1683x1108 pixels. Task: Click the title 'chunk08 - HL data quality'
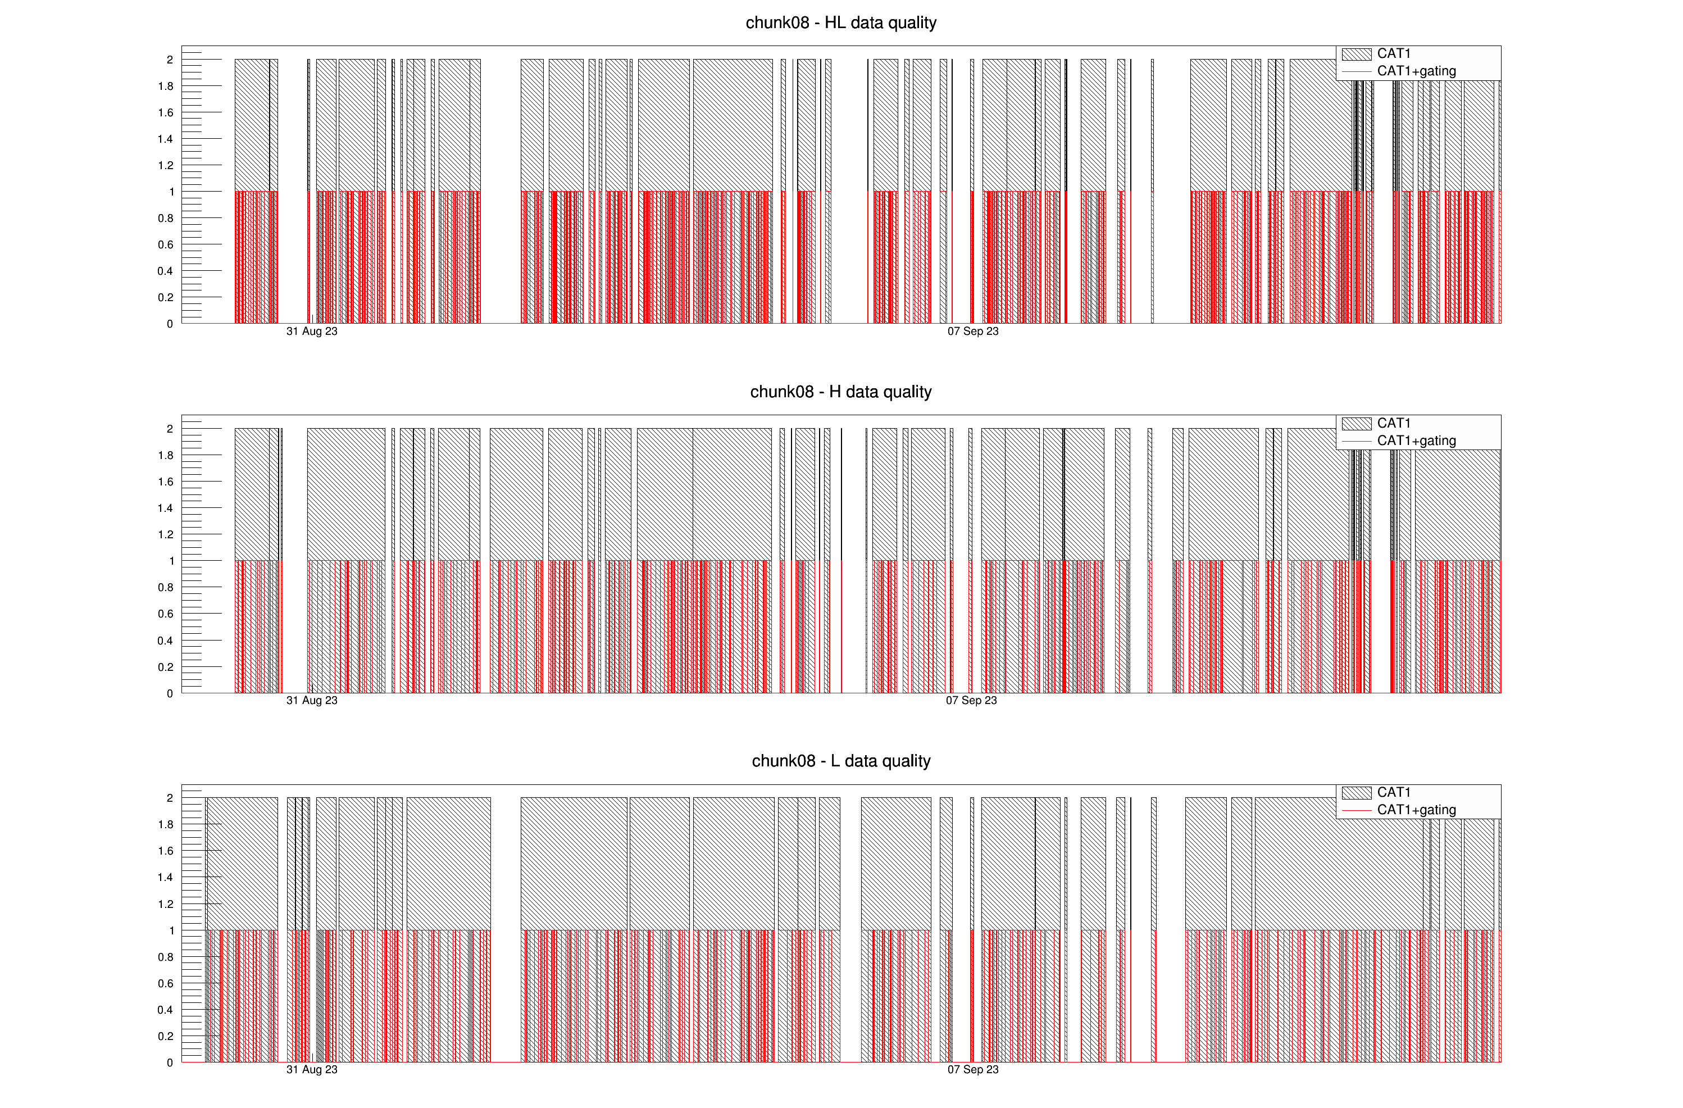coord(841,22)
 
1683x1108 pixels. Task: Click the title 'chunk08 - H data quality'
coord(841,392)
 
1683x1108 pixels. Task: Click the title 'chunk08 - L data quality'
coord(841,761)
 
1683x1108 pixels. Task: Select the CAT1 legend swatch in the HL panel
coord(1356,54)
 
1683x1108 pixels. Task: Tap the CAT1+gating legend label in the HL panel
coord(1416,71)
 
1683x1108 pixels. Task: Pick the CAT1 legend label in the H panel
coord(1394,423)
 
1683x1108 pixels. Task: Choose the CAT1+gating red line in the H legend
coord(1356,441)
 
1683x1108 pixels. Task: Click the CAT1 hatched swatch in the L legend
coord(1356,793)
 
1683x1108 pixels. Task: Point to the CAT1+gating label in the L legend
coord(1416,810)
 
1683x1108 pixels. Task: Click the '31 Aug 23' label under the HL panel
coord(312,332)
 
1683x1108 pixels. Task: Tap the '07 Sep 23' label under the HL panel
coord(973,332)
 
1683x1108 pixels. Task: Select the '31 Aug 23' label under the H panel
coord(312,701)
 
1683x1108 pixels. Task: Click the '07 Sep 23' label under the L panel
coord(973,1070)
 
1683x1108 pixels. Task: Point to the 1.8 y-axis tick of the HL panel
coord(166,87)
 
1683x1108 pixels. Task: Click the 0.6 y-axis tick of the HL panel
coord(166,244)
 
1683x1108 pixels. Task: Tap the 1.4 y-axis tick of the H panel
coord(166,508)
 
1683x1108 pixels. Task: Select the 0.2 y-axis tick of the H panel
coord(166,667)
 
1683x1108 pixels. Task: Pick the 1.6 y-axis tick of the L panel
coord(166,851)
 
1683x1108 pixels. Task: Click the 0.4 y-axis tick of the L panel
coord(166,1010)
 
